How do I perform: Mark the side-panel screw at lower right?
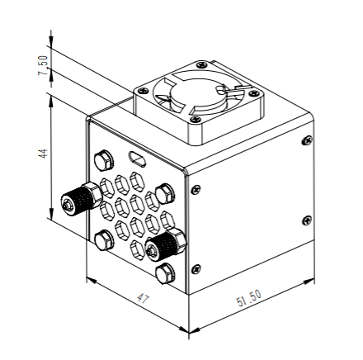pyautogui.click(x=307, y=220)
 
